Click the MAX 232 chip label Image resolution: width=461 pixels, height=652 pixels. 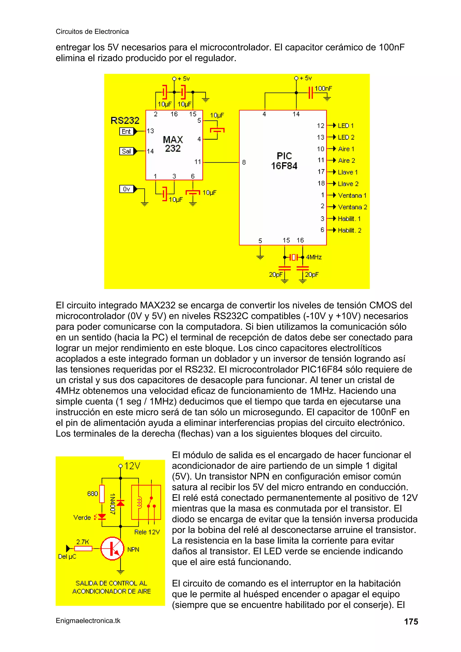click(x=173, y=144)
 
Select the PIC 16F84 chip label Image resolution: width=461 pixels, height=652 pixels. click(x=284, y=161)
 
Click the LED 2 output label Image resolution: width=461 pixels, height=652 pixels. click(x=346, y=138)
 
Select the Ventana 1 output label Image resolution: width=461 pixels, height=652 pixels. click(x=352, y=196)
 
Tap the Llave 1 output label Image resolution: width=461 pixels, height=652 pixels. click(x=348, y=172)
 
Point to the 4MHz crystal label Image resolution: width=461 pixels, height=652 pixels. click(x=314, y=257)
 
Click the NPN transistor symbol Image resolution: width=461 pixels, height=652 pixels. click(x=113, y=548)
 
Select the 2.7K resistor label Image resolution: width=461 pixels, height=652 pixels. click(x=82, y=542)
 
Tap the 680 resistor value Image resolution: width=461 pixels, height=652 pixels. click(x=92, y=494)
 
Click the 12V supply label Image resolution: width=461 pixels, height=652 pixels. click(x=132, y=466)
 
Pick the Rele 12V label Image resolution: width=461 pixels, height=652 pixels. click(x=147, y=532)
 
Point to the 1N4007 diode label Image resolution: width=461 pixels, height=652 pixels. click(x=113, y=504)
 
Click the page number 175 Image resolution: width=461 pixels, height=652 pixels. click(x=411, y=622)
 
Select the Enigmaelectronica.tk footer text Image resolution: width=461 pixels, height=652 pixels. click(x=88, y=621)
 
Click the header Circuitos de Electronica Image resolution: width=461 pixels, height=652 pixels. click(x=92, y=32)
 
